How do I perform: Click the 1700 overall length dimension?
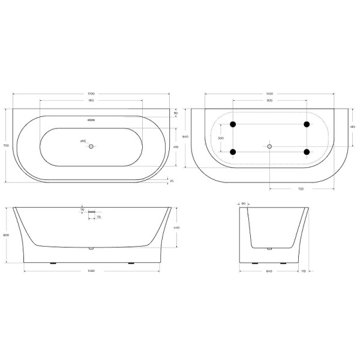click(x=91, y=94)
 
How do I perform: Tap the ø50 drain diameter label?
click(x=83, y=141)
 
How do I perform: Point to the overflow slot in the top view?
click(x=91, y=119)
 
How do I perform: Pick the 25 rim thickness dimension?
click(x=172, y=181)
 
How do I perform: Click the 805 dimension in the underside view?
click(x=270, y=101)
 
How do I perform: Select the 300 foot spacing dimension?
click(x=220, y=138)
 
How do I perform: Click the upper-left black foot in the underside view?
click(x=233, y=125)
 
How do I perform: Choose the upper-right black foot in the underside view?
click(x=307, y=125)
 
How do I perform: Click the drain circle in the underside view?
click(x=270, y=146)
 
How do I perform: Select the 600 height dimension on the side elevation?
click(x=6, y=235)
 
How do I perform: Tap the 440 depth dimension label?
click(x=176, y=228)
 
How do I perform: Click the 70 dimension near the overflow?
click(x=98, y=217)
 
